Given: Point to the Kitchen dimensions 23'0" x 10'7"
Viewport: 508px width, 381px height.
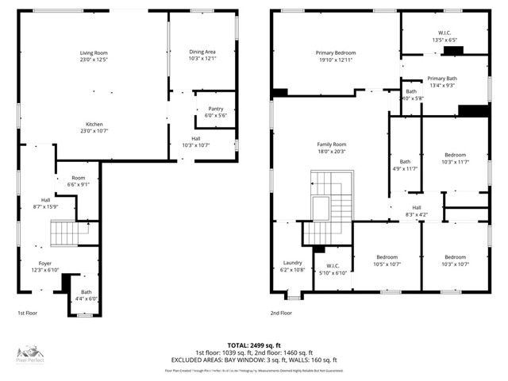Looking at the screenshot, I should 94,132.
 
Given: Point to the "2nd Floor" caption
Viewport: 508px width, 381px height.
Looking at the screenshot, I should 281,313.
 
